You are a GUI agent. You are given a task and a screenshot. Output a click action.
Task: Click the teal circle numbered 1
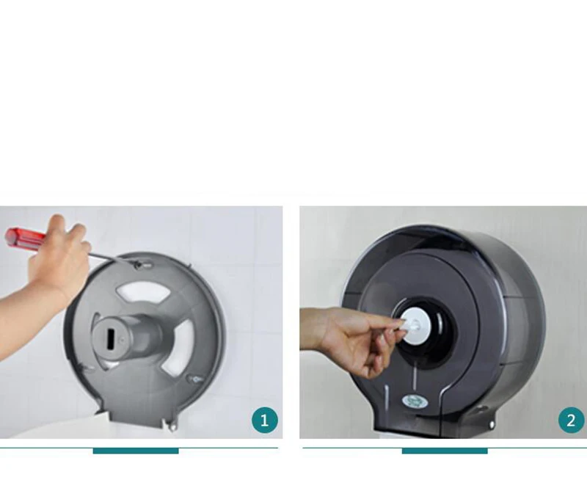click(x=265, y=420)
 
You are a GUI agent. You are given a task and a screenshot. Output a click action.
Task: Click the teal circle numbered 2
click(x=571, y=420)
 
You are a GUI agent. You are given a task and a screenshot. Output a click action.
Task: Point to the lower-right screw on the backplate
click(x=195, y=379)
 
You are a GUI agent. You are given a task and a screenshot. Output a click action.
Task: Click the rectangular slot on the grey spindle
click(x=111, y=340)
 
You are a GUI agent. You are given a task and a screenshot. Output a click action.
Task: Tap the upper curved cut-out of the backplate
click(x=144, y=292)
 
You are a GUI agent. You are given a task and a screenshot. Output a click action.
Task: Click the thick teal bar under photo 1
click(x=136, y=451)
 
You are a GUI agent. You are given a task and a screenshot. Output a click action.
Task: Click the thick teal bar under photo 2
click(x=445, y=451)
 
